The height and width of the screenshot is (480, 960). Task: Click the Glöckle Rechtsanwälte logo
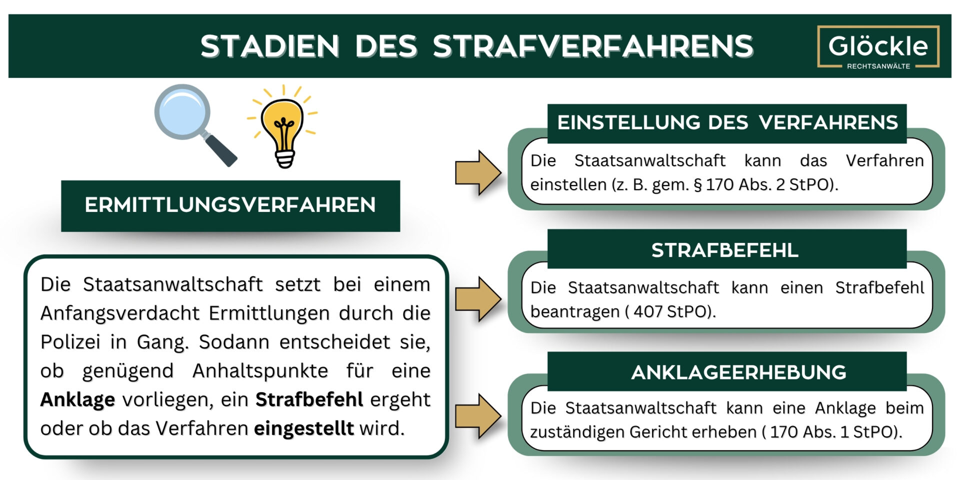(878, 46)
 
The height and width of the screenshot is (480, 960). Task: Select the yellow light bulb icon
(283, 126)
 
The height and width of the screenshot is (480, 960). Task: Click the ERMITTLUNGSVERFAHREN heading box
(230, 205)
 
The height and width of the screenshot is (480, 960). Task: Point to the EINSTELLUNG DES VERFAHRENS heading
(727, 122)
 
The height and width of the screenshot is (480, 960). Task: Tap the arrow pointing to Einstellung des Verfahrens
(478, 172)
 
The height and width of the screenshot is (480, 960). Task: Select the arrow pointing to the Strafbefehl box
(478, 299)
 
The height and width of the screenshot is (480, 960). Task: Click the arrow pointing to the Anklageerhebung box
(478, 416)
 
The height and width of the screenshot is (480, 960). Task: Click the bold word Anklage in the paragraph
(77, 399)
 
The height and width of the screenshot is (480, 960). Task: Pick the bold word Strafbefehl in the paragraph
(309, 399)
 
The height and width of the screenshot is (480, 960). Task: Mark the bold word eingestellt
(303, 428)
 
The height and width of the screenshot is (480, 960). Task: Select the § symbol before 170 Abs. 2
(697, 185)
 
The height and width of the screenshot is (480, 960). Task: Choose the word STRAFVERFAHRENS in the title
(593, 46)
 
